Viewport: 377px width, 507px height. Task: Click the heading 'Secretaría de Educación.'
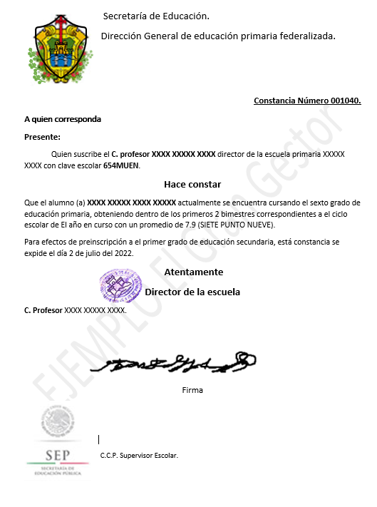pos(156,16)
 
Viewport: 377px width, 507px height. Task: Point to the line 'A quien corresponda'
pos(63,119)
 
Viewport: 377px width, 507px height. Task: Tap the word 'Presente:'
pos(42,137)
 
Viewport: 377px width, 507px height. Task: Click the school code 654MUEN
pos(122,165)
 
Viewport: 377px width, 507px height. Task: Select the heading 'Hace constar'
pos(192,185)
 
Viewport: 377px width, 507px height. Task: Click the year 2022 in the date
pos(123,253)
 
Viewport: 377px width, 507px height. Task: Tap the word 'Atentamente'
pos(193,272)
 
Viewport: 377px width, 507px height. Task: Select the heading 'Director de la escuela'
pos(192,292)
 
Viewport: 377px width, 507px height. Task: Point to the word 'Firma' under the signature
pos(192,390)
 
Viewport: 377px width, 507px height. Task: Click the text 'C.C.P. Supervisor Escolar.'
pos(139,455)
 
